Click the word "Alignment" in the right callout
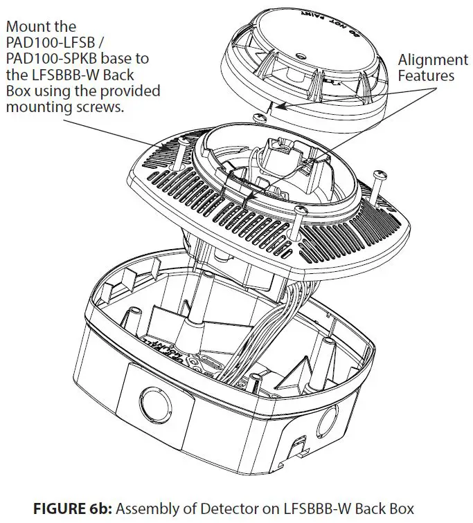[433, 60]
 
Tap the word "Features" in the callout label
[427, 77]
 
